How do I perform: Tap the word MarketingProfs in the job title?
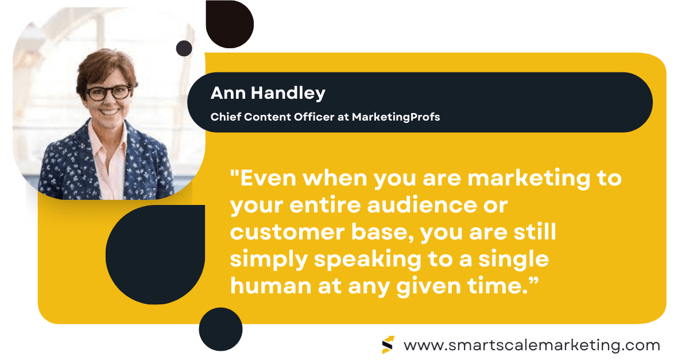tap(396, 117)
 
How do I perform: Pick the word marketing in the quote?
tap(528, 179)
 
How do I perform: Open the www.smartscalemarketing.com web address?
tap(532, 346)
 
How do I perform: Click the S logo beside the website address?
tap(388, 344)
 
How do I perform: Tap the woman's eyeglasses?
tap(109, 92)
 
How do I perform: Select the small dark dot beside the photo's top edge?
tap(184, 48)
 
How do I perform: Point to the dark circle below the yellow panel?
tap(220, 330)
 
